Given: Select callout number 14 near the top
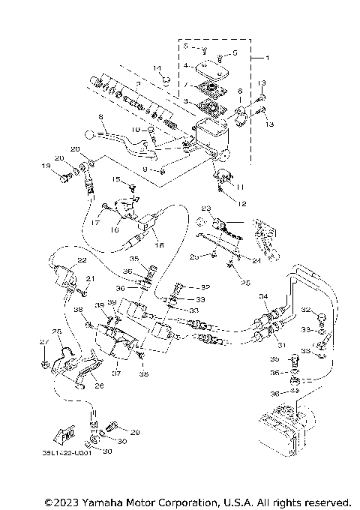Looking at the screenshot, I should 158,69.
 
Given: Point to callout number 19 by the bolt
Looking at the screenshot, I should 45,165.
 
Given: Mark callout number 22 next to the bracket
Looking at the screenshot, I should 82,260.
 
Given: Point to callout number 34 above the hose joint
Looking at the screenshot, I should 262,297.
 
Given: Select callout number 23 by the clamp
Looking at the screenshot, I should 206,208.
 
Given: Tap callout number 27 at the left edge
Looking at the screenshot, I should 42,343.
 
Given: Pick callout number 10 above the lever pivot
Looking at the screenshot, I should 136,130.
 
